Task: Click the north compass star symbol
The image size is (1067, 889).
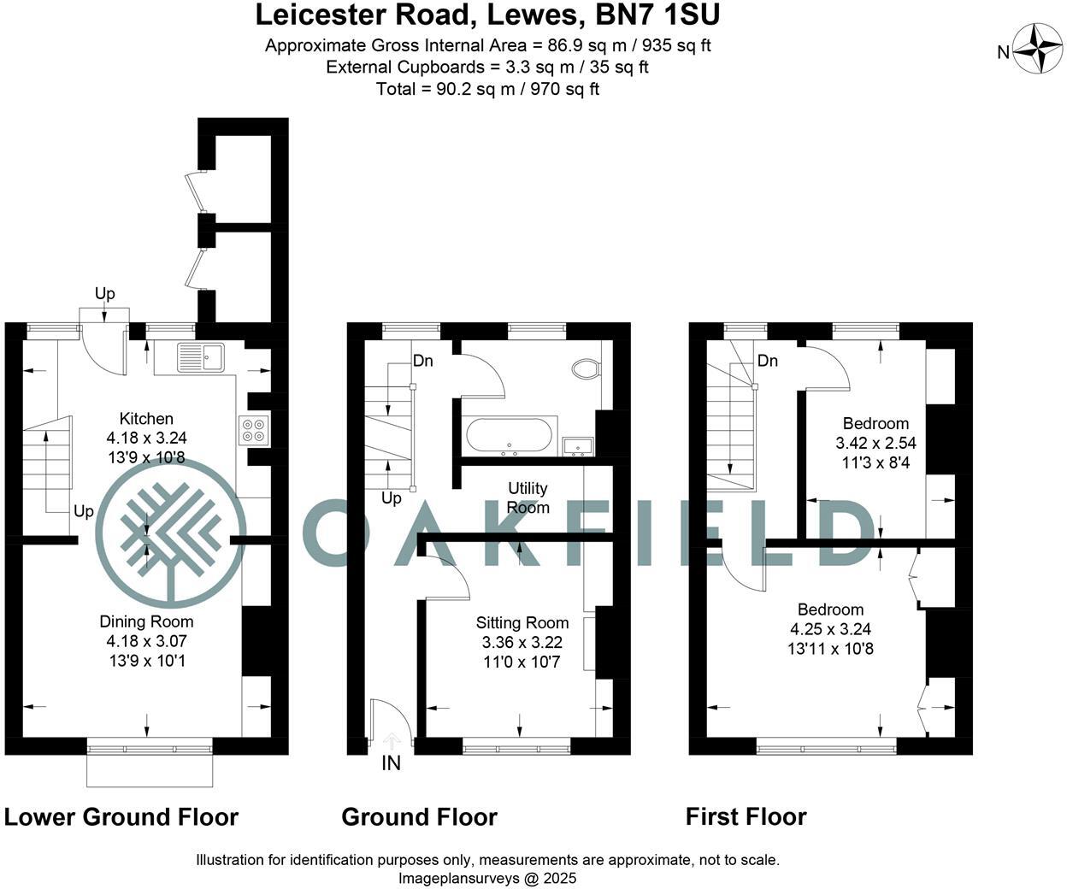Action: click(x=1037, y=50)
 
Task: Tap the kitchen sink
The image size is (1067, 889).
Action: click(x=201, y=356)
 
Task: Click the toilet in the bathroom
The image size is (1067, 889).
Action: click(x=587, y=368)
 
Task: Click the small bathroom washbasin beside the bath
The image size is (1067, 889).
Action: click(x=580, y=445)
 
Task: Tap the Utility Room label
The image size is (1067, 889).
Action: click(x=528, y=497)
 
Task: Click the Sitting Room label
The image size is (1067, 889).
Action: click(x=522, y=623)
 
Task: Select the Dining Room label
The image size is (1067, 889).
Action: click(x=146, y=621)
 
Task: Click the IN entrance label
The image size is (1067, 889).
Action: click(x=391, y=763)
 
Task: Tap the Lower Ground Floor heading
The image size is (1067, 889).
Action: click(x=121, y=817)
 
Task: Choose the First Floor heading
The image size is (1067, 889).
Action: click(x=746, y=817)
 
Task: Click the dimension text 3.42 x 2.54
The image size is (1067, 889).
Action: click(x=875, y=443)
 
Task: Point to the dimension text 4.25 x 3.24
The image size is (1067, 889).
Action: click(x=830, y=629)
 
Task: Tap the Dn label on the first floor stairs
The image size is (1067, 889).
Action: click(x=767, y=361)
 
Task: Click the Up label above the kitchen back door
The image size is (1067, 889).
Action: click(x=104, y=293)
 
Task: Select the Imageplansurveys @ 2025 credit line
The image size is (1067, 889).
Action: click(x=487, y=878)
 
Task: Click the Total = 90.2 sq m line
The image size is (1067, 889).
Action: click(x=487, y=89)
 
